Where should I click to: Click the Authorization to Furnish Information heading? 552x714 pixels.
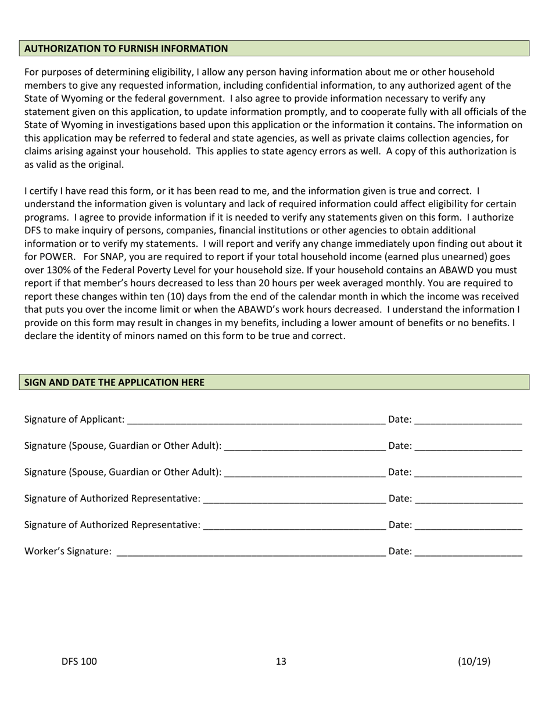coord(126,49)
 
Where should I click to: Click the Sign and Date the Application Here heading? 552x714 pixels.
coord(114,383)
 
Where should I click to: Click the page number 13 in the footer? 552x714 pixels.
coord(281,661)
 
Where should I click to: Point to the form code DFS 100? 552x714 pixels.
coord(79,661)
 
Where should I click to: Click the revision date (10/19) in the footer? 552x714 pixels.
coord(474,661)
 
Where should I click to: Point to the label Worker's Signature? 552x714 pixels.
coord(67,551)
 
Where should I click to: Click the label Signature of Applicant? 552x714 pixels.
coord(74,420)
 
